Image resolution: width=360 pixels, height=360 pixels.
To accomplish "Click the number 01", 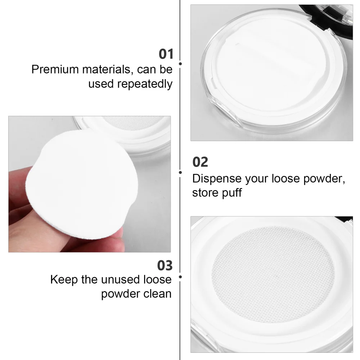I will (166, 54).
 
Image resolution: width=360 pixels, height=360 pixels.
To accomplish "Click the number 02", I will (200, 162).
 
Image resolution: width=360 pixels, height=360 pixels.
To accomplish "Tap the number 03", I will (165, 265).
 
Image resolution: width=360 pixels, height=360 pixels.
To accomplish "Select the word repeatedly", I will (145, 84).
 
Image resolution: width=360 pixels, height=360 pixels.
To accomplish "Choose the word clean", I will (156, 294).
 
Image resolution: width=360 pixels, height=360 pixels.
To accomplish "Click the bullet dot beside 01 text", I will (180, 64).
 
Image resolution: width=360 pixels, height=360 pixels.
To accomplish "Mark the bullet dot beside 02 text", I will (180, 172).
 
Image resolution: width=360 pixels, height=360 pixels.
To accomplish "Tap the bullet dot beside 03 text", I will (180, 277).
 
